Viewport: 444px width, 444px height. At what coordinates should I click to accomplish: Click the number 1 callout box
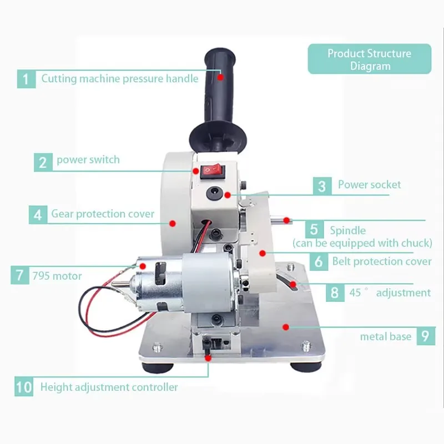[26, 78]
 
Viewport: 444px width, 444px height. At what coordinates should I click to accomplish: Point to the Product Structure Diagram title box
[369, 59]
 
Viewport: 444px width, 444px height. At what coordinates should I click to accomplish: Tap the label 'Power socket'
[369, 185]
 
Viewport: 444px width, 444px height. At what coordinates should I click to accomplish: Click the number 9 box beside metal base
[424, 336]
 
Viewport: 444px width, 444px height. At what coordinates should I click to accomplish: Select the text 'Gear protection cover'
[103, 214]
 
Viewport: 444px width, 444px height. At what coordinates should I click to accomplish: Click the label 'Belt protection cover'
[381, 261]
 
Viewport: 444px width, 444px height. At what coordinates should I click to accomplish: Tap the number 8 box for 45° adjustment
[334, 292]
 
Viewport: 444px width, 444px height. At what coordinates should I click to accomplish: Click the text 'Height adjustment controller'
[109, 387]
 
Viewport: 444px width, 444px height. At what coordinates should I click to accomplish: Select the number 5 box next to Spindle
[314, 229]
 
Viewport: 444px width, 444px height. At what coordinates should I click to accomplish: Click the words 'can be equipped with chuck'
[362, 243]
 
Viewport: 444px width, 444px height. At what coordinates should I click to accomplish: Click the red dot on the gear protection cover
[173, 223]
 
